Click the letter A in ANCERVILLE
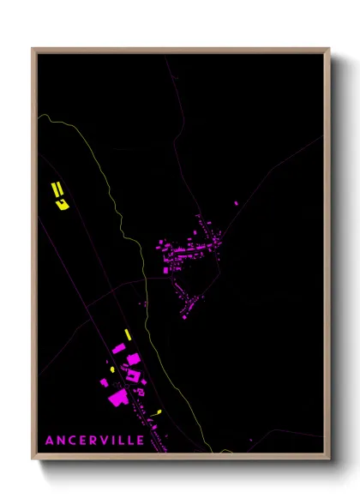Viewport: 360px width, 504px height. [51, 440]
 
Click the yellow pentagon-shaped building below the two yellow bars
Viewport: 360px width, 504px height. [61, 203]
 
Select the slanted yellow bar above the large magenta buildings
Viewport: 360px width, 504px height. [127, 333]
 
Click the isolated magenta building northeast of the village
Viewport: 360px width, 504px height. [237, 203]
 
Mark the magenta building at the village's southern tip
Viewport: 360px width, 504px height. [183, 316]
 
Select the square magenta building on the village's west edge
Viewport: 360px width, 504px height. [166, 270]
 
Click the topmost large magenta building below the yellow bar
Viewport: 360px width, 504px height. [118, 349]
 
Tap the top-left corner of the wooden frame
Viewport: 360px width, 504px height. [33, 49]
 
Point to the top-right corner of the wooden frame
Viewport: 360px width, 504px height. [329, 49]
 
